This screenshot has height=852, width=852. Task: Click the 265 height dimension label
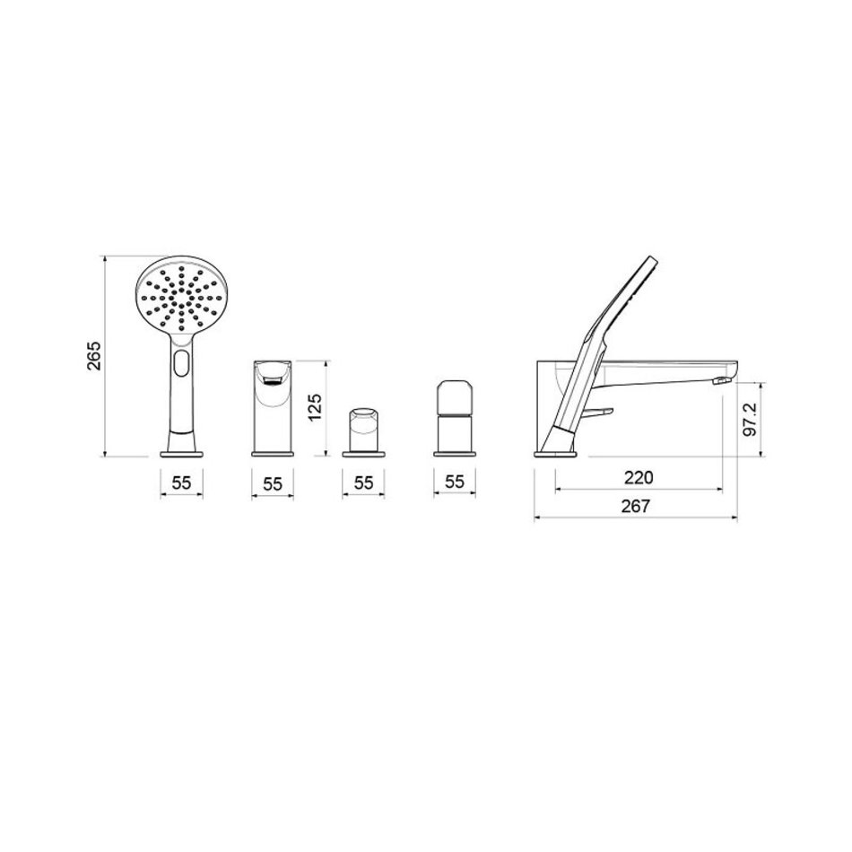[94, 356]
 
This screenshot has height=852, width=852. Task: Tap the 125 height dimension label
[315, 407]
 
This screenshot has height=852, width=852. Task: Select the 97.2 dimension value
[751, 420]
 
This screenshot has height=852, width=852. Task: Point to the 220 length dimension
[639, 478]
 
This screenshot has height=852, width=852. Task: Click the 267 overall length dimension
[635, 506]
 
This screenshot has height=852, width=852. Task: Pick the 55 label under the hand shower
[181, 482]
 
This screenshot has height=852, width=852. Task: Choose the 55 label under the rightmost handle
[455, 482]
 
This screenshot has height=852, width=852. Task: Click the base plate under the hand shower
[181, 453]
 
